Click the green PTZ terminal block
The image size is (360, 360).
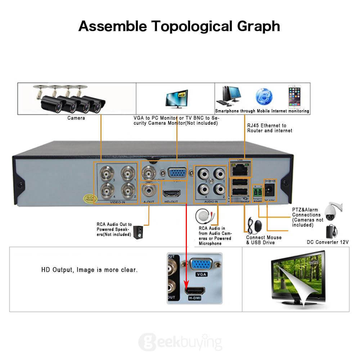coord(258,190)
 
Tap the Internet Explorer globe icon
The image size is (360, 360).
coord(264,96)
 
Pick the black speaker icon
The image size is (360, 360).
coord(138,232)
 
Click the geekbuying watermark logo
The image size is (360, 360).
coord(180,341)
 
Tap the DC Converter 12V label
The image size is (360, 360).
coord(327,242)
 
